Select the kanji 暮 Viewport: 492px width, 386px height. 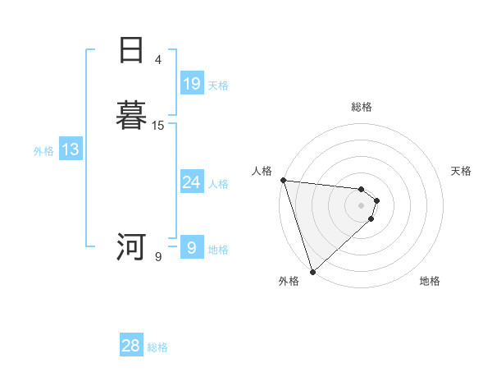click(x=131, y=116)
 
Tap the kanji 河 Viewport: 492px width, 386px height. click(x=131, y=246)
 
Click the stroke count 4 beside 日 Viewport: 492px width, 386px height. click(x=158, y=59)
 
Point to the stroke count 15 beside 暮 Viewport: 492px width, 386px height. click(x=158, y=126)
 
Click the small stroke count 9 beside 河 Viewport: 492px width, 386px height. click(x=158, y=257)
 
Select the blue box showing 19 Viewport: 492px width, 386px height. click(x=192, y=84)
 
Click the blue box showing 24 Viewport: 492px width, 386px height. click(x=192, y=182)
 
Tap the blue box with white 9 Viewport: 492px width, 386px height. click(x=192, y=248)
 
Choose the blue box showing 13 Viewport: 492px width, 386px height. click(x=71, y=150)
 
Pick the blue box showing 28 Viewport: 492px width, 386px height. click(x=131, y=346)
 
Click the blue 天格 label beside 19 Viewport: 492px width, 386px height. click(x=218, y=85)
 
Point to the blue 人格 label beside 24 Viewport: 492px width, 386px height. click(x=218, y=184)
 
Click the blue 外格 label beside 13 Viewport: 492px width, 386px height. click(x=43, y=151)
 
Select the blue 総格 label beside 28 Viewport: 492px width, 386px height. click(x=157, y=347)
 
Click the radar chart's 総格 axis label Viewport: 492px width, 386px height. click(x=362, y=107)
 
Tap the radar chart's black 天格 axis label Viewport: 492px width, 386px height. click(x=462, y=171)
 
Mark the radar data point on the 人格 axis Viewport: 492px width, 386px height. click(x=283, y=180)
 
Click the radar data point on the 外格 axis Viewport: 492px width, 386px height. click(x=312, y=271)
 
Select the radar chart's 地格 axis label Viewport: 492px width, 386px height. click(x=430, y=281)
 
